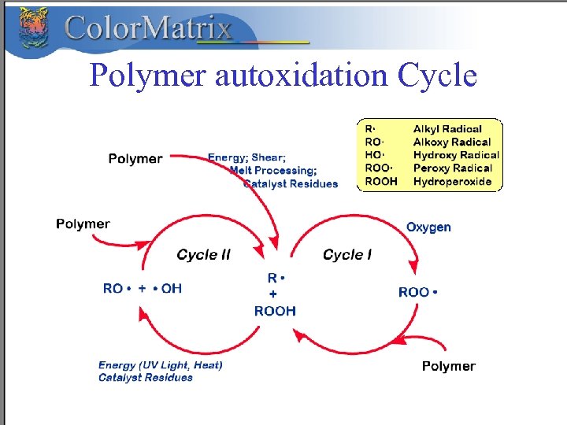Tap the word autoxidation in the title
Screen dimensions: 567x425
(301, 76)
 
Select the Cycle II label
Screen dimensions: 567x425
(203, 254)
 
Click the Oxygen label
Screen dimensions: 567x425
(428, 227)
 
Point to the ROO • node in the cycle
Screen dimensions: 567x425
(418, 292)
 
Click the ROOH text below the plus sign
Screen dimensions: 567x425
(275, 311)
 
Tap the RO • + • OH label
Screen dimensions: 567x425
(143, 289)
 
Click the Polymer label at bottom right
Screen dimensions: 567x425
(448, 366)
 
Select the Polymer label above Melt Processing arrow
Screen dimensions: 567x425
(135, 159)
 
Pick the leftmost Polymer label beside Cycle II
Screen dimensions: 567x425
(83, 224)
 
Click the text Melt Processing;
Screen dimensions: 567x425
(273, 170)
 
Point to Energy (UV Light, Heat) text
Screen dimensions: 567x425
(161, 365)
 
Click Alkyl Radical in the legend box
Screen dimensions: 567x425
(447, 129)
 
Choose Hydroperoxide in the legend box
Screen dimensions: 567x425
(452, 182)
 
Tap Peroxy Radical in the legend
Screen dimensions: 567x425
(452, 168)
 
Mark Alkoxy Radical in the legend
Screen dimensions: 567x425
(452, 142)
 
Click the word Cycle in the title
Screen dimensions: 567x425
(437, 76)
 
